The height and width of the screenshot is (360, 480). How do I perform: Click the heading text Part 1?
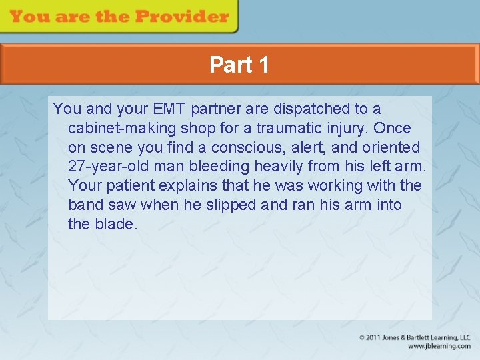tap(239, 65)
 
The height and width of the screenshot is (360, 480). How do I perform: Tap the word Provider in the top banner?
tap(184, 17)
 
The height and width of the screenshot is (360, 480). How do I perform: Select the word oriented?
tap(388, 147)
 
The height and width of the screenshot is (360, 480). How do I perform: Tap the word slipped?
tap(230, 205)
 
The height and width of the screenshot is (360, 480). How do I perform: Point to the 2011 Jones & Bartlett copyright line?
tap(415, 337)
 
